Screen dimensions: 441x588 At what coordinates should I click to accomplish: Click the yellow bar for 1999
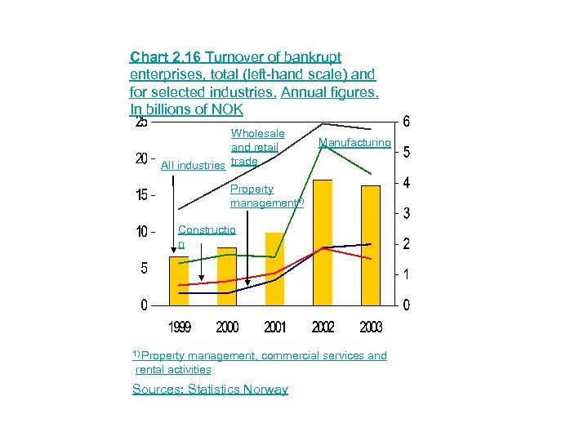point(179,281)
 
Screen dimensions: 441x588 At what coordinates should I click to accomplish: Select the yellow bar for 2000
point(227,277)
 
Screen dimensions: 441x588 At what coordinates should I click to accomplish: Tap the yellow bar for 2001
point(275,269)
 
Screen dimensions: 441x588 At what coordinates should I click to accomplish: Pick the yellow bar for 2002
point(323,243)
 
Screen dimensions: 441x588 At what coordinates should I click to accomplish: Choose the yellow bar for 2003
point(371,246)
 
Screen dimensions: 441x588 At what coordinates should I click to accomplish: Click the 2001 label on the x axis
point(275,327)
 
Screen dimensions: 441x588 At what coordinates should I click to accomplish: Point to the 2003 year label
point(371,327)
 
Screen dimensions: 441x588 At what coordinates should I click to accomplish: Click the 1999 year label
point(180,327)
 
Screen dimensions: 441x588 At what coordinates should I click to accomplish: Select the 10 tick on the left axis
point(141,232)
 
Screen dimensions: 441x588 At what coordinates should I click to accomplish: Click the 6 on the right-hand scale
point(407,122)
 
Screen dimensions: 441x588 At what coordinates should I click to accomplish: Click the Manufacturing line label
point(354,143)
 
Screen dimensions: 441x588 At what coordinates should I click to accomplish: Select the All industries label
point(194,166)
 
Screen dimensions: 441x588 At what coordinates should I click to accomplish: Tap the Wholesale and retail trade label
point(256,147)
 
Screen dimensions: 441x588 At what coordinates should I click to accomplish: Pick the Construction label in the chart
point(207,237)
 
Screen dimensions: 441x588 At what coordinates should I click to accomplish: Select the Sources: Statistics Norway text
point(210,390)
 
